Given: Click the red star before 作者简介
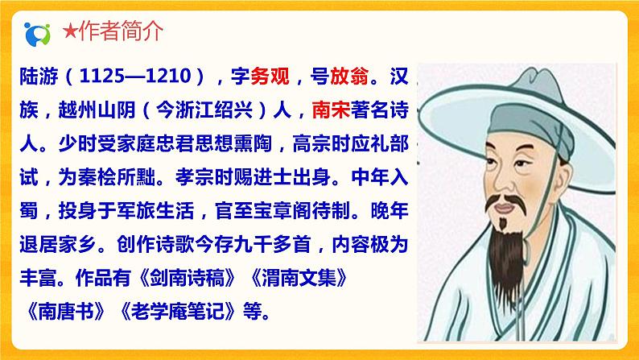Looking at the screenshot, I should pos(70,32).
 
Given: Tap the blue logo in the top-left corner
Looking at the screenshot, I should pos(37,33).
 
